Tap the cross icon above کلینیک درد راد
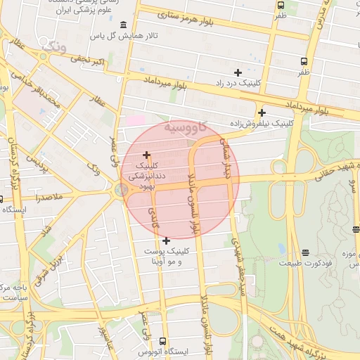(x=238, y=72)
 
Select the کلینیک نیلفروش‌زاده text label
(x=262, y=123)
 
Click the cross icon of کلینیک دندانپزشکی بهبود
(x=146, y=155)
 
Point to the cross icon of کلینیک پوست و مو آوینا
(x=166, y=240)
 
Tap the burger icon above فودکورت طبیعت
(x=304, y=252)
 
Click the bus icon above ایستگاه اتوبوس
(x=164, y=341)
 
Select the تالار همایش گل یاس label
(x=129, y=35)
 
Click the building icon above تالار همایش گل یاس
(x=124, y=24)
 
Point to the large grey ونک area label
(x=54, y=48)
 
